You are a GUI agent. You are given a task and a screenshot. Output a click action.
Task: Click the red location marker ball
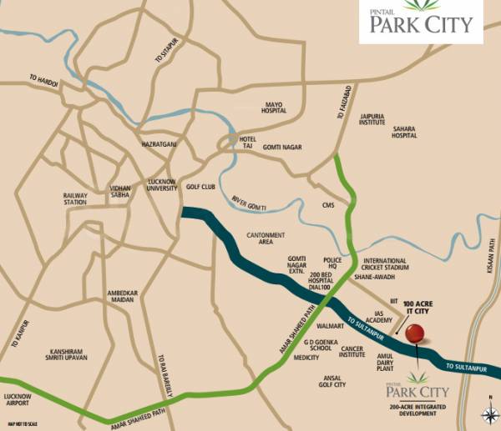point(415,333)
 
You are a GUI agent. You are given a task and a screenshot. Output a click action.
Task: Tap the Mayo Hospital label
point(275,108)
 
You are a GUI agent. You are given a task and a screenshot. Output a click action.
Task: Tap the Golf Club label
point(201,188)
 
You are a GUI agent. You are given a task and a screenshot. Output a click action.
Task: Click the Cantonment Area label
point(266,238)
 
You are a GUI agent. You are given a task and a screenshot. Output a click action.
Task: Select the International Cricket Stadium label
point(386,265)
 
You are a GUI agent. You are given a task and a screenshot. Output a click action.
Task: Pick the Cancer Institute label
point(352,351)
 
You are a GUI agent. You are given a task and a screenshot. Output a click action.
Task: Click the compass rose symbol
point(488,415)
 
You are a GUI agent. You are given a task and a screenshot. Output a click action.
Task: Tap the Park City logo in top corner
point(421,22)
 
